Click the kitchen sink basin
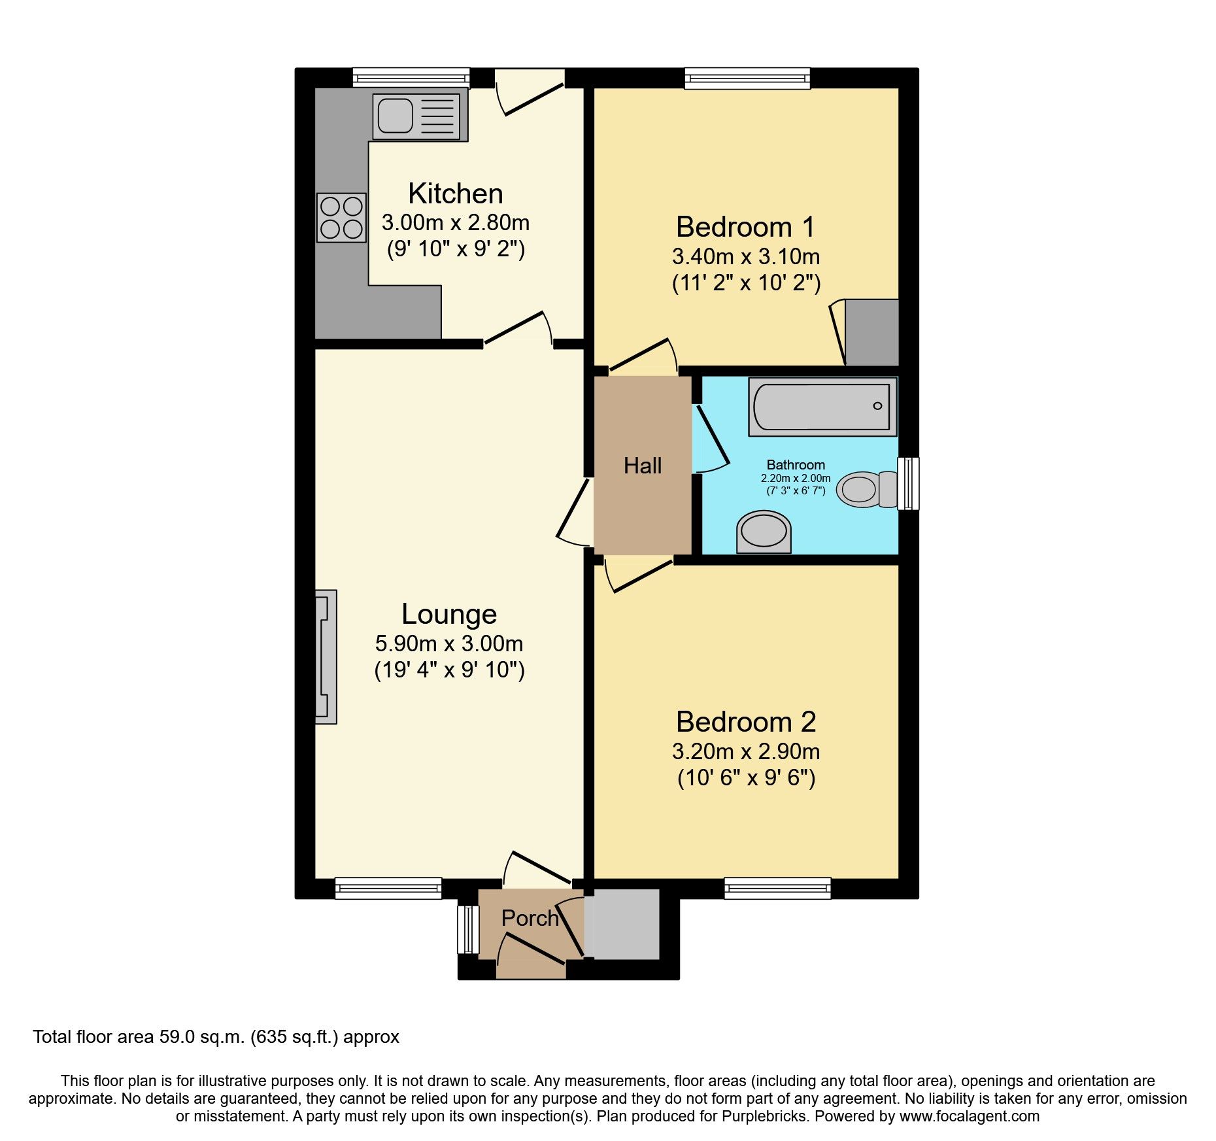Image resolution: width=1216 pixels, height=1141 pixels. (395, 114)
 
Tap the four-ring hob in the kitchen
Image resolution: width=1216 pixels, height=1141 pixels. (341, 218)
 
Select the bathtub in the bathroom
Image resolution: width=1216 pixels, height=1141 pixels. (822, 407)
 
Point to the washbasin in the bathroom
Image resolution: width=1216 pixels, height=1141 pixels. (764, 531)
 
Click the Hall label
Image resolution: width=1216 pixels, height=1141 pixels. (642, 466)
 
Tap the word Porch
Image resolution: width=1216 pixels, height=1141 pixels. (530, 918)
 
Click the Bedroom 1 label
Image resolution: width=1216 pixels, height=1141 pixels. (745, 228)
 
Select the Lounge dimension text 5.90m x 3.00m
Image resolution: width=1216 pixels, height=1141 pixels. (448, 643)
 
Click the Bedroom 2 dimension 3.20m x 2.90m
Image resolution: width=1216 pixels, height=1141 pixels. (745, 752)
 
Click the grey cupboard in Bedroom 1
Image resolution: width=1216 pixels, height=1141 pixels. (871, 332)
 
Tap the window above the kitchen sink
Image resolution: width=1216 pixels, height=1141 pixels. (411, 78)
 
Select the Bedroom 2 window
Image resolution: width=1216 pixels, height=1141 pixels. (777, 888)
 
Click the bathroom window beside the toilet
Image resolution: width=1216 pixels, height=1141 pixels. (908, 483)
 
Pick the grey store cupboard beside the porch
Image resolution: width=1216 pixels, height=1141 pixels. (622, 923)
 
